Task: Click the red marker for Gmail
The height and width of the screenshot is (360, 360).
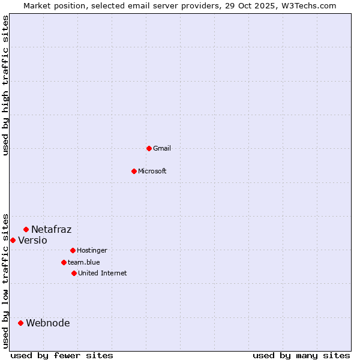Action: [149, 148]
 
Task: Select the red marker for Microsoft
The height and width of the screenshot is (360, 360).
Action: [134, 171]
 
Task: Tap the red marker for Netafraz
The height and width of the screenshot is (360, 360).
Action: [26, 229]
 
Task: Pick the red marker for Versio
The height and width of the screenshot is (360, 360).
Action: [13, 240]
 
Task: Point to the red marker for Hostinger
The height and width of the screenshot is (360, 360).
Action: [73, 250]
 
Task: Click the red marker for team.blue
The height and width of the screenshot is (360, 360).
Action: [64, 262]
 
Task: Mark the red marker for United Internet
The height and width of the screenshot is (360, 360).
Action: [74, 273]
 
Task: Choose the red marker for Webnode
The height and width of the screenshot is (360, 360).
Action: [20, 323]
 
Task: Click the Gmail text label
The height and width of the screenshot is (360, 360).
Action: [162, 148]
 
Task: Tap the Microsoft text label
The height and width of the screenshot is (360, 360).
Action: [152, 171]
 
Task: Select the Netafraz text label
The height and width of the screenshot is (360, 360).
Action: [52, 229]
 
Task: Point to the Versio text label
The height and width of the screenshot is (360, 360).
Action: [32, 240]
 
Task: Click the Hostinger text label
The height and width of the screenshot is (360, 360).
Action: [92, 250]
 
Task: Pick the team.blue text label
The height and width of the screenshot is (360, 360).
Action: [84, 262]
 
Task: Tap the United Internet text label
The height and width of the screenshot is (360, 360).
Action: [102, 273]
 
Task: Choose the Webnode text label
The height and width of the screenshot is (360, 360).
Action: [48, 323]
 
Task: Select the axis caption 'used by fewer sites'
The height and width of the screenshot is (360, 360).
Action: [62, 355]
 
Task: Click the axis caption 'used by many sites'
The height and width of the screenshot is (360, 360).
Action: [301, 355]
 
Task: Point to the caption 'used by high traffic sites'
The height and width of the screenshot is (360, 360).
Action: [5, 85]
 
